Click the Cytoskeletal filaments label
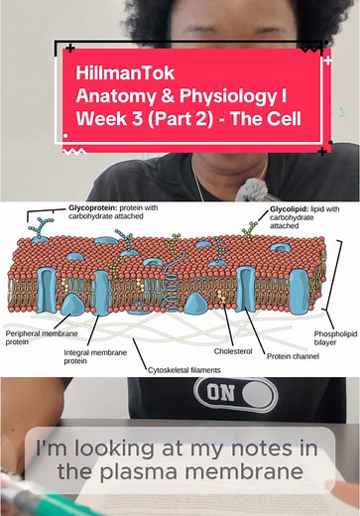[183, 370]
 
